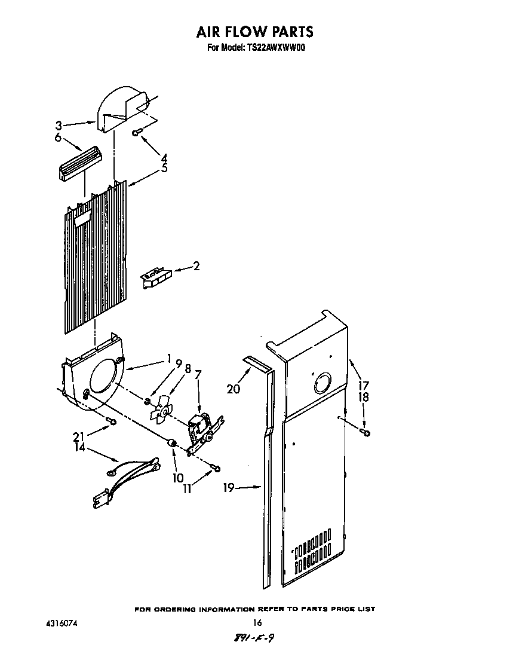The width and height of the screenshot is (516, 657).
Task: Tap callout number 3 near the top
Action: pos(59,126)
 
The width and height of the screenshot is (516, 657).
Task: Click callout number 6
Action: pos(59,137)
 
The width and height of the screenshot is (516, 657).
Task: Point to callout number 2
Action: pos(196,266)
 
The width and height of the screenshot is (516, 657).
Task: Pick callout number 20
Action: pos(234,389)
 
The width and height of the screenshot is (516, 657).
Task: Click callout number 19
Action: pos(229,488)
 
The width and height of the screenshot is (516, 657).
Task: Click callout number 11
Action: pos(187,488)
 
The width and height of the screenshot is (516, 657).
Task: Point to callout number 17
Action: pos(364,386)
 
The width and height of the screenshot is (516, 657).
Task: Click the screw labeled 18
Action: pos(366,432)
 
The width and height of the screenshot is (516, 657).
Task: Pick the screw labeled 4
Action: pos(137,132)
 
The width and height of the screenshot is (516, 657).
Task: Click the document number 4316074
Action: pos(62,623)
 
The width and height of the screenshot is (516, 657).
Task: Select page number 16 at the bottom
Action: pos(257,623)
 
